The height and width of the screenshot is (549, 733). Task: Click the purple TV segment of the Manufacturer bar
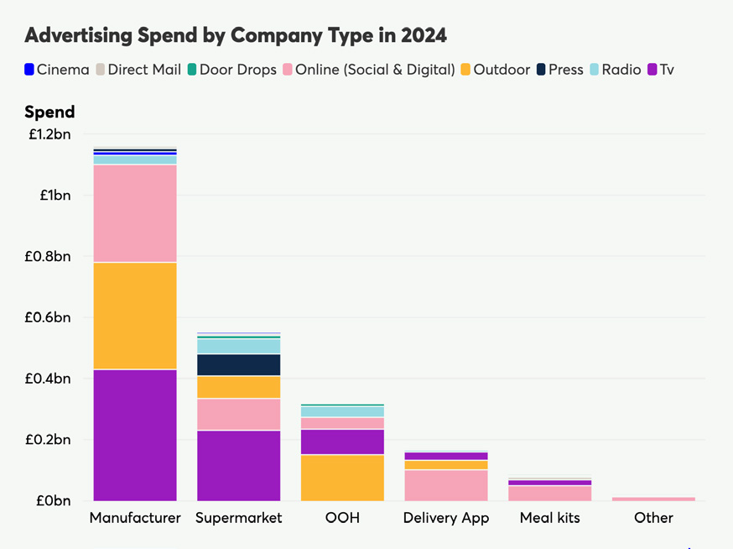pos(135,435)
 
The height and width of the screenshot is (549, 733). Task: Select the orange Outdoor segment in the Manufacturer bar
pos(135,316)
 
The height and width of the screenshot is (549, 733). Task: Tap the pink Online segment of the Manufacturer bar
pos(135,213)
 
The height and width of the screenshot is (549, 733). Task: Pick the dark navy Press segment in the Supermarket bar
pos(239,364)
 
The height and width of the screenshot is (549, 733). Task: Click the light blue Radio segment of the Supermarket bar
pos(239,346)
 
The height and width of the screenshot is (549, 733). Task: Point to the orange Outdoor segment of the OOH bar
pos(342,478)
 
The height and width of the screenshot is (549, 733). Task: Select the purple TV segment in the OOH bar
pos(342,442)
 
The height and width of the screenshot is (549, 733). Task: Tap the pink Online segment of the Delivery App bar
pos(446,485)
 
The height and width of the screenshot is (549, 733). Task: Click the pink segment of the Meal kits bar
pos(549,493)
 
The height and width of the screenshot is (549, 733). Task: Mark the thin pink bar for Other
pos(653,499)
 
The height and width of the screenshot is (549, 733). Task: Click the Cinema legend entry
pos(56,70)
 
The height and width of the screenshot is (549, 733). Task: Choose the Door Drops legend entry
pos(231,70)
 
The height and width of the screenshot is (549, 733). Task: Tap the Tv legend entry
pos(661,70)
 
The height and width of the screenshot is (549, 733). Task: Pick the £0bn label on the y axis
pos(52,501)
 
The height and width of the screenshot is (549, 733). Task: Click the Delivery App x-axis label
pos(446,518)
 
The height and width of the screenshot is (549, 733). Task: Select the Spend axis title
pos(49,112)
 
